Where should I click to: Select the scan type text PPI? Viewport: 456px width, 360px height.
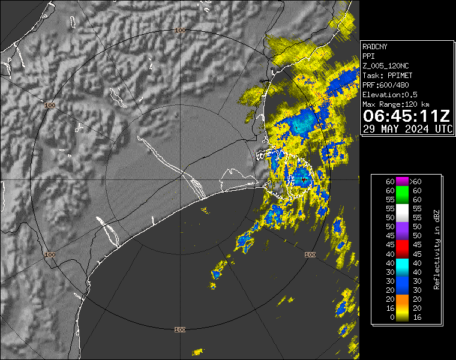(x=368, y=56)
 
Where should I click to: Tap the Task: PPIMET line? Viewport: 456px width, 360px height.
(x=387, y=75)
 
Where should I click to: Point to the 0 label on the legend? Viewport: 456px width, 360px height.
(x=390, y=317)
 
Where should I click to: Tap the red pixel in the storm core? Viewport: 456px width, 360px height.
(x=304, y=179)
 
